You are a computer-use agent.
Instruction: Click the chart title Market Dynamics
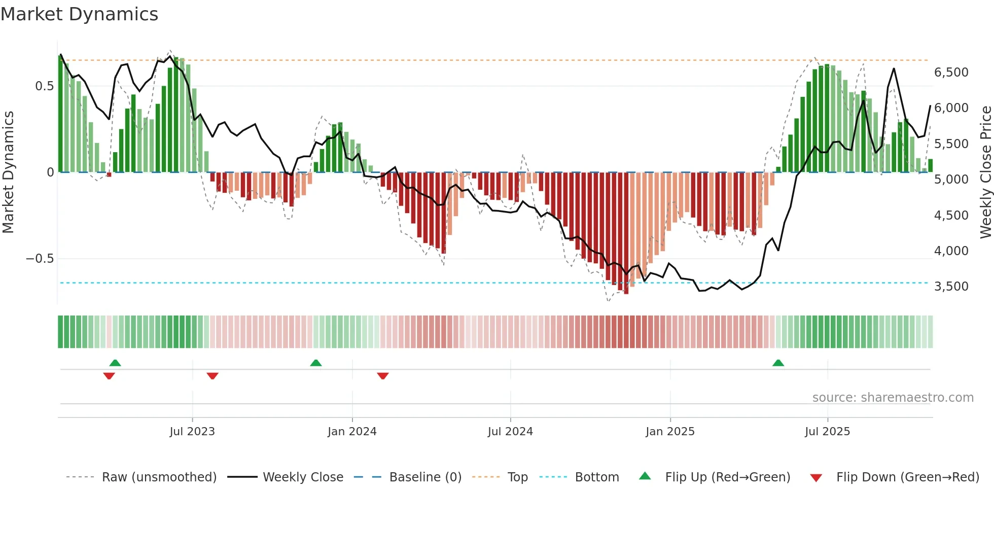click(79, 14)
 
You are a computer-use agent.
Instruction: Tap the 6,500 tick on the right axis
click(951, 73)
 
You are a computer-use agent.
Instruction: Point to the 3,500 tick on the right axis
click(951, 287)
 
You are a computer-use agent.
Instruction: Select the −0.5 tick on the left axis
click(40, 259)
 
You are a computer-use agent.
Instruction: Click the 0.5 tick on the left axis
click(44, 86)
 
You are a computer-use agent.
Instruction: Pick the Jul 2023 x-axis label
click(192, 432)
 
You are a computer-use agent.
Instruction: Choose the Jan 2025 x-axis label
click(670, 432)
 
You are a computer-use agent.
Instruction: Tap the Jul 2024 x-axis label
click(510, 432)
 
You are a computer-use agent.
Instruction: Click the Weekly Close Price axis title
click(985, 172)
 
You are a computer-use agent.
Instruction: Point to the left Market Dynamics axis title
click(9, 172)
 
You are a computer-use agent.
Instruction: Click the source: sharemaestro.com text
click(893, 398)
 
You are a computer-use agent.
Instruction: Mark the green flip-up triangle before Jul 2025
click(778, 363)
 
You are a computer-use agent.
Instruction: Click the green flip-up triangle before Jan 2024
click(315, 363)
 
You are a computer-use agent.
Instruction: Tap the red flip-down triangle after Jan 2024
click(383, 376)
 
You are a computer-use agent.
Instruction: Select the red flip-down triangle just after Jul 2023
click(212, 376)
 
